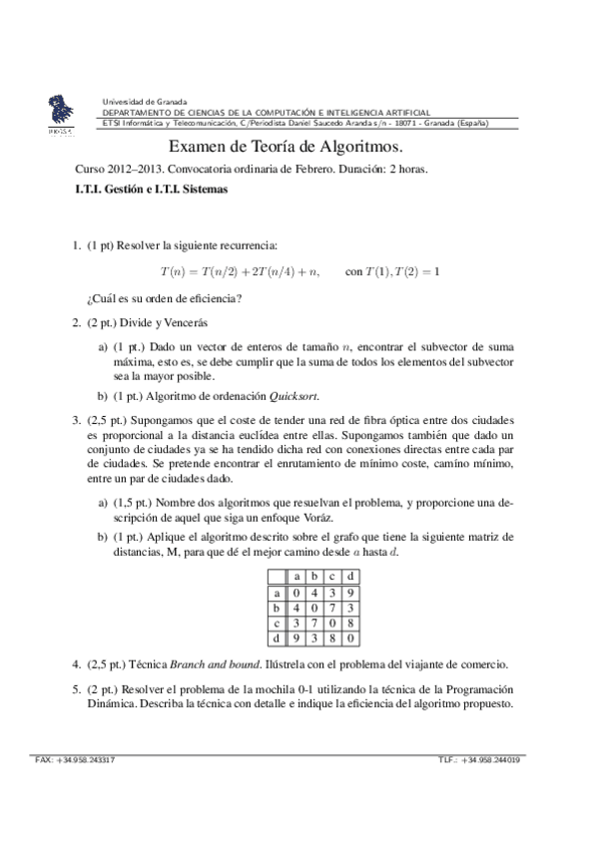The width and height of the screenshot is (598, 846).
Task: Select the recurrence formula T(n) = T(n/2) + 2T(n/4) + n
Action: (x=240, y=271)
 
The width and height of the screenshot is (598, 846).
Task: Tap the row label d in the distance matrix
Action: (x=277, y=636)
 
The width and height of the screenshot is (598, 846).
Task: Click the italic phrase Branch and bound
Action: (x=209, y=663)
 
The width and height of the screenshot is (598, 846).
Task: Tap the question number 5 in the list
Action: (x=76, y=688)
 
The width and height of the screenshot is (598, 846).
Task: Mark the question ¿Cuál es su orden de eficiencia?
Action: (x=166, y=298)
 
